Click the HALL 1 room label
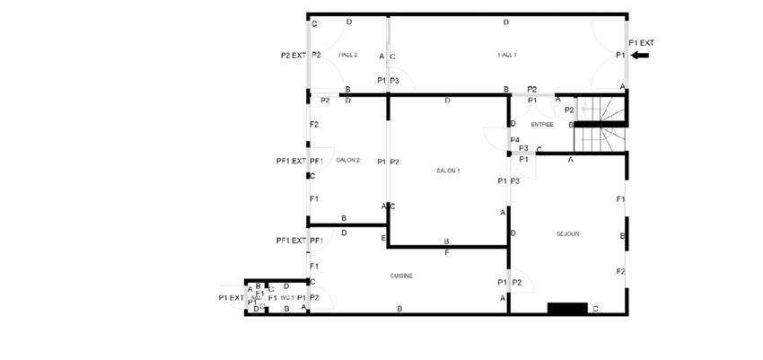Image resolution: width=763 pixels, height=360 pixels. pos(507,56)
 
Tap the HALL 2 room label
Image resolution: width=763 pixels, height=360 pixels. pos(348,56)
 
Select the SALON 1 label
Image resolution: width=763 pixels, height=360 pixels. pos(448,171)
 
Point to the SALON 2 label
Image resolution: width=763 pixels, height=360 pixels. pos(347,161)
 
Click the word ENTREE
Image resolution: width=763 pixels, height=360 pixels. pos(542,124)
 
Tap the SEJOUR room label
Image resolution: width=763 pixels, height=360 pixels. pos(567,233)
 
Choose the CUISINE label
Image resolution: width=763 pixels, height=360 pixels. pos(401,276)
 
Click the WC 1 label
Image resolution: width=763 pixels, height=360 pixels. pos(287,297)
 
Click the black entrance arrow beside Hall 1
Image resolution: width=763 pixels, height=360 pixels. pos(641,56)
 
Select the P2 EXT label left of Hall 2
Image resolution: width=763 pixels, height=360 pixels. pos(294,56)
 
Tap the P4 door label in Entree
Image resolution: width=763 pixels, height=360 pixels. pos(515,140)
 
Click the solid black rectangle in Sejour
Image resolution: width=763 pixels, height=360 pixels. pos(566,308)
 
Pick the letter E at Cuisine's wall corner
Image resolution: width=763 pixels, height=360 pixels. pos(383,238)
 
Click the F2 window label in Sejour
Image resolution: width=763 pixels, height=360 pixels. pos(620,272)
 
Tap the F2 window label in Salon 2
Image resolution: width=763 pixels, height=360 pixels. pos(314,124)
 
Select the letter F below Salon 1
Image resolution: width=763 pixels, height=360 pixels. pos(446,252)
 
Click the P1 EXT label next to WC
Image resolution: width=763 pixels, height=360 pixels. pos(231,298)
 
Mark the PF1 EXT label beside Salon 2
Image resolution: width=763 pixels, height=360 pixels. pos(290,162)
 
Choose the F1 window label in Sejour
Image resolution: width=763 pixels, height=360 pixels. pos(620,198)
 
